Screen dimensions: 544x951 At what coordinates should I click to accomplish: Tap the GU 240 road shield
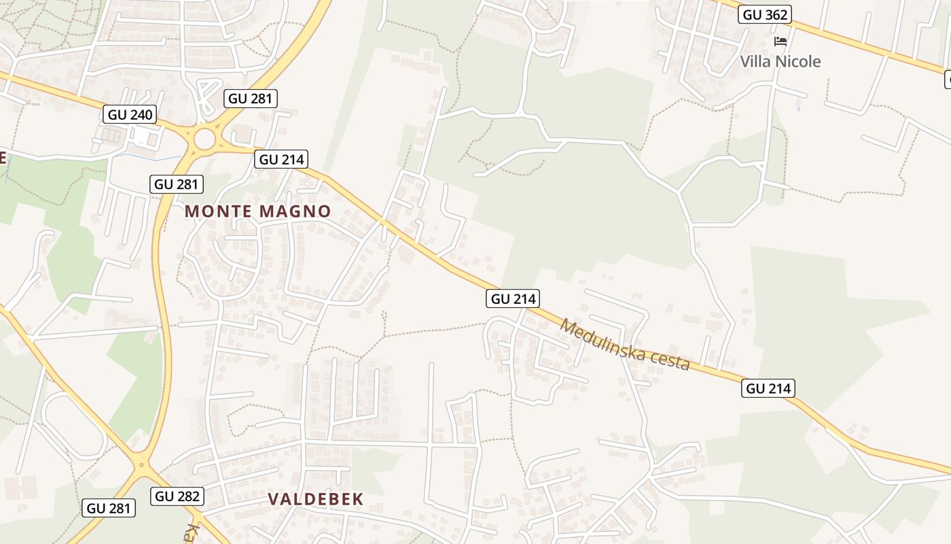(130, 114)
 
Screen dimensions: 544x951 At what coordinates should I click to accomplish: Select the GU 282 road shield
(178, 496)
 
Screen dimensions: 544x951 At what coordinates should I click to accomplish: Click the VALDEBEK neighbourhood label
(316, 499)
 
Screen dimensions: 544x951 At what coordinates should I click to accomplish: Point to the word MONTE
(217, 211)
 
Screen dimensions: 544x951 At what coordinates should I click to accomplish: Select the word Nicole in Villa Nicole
(800, 62)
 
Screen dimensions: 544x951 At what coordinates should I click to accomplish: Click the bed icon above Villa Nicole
(780, 41)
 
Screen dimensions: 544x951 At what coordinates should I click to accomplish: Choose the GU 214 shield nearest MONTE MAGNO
(282, 160)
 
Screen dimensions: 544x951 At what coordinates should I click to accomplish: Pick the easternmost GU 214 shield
(768, 388)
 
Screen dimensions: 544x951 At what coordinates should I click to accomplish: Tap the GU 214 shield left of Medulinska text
(513, 299)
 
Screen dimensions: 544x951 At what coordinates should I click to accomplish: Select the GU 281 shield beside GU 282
(109, 507)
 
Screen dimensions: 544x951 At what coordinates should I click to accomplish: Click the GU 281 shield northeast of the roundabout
(251, 99)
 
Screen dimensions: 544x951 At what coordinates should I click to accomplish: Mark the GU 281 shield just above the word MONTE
(177, 184)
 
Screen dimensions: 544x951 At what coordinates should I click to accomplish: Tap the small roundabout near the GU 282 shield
(141, 466)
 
